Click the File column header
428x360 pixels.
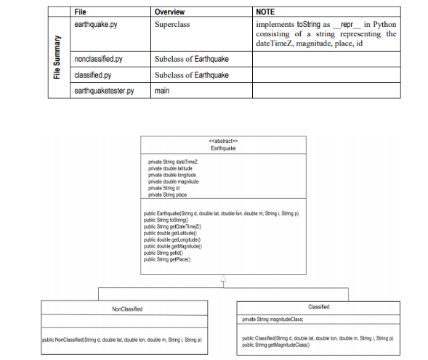[81, 12]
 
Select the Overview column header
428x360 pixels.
[170, 12]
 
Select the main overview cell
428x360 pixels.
[163, 91]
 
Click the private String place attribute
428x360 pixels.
[168, 195]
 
